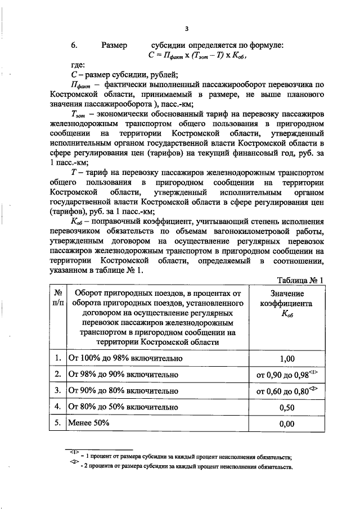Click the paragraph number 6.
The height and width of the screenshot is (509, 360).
pos(73,45)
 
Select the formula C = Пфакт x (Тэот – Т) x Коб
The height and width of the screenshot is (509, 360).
pos(198,55)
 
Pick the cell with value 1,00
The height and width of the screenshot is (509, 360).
pos(286,358)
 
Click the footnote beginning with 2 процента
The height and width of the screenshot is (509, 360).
pos(188,467)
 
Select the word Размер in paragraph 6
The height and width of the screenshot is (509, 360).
pos(114,45)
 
